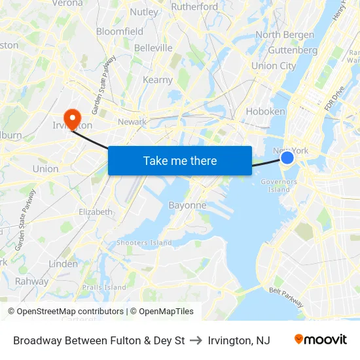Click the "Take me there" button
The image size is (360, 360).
[x=180, y=160]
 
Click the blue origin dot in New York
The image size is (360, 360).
[x=287, y=157]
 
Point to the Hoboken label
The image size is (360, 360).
[x=265, y=111]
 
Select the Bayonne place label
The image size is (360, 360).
[x=188, y=205]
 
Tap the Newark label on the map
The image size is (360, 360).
[x=132, y=122]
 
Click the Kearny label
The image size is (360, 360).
[x=157, y=80]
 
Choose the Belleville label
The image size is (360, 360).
[x=153, y=48]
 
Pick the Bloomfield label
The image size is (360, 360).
[x=120, y=31]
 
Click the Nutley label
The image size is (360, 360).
[x=144, y=12]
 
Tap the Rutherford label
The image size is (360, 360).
[x=194, y=7]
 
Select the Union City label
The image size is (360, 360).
[x=274, y=65]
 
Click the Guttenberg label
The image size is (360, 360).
[x=293, y=50]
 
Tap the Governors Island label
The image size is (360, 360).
[x=279, y=185]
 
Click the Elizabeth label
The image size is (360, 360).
[x=96, y=211]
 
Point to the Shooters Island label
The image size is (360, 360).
[x=144, y=242]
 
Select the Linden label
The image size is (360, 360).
[x=63, y=263]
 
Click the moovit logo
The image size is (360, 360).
[x=320, y=340]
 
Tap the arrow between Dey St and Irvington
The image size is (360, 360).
[x=196, y=340]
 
